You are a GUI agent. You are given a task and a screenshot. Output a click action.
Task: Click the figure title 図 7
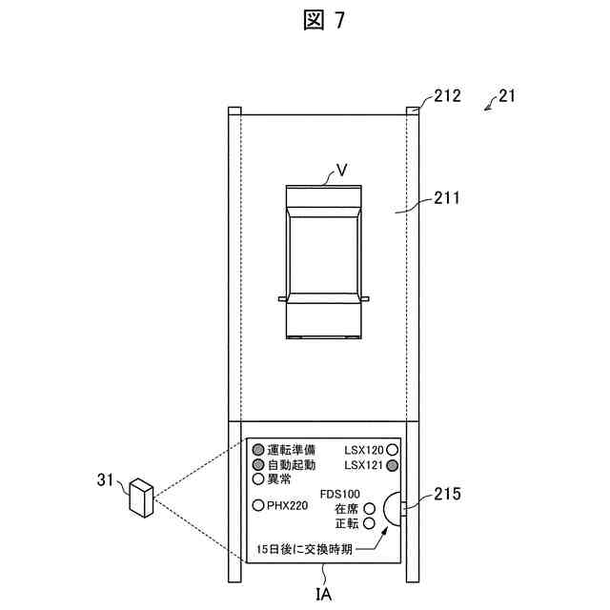[x=306, y=21]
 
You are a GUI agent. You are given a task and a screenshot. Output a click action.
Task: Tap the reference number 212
[x=447, y=95]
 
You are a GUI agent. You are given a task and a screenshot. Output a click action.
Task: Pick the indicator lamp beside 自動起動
[x=257, y=464]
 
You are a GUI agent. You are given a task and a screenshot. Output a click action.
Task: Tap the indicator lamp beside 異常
[x=257, y=478]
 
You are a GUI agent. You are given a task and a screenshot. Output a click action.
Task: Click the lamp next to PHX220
[x=257, y=505]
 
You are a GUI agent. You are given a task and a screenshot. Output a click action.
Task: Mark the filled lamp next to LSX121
[x=392, y=464]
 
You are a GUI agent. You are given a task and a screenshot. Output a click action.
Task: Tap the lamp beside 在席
[x=369, y=509]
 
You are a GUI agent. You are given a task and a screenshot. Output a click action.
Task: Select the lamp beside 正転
[x=369, y=523]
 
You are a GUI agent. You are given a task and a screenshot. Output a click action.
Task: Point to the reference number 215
[x=447, y=494]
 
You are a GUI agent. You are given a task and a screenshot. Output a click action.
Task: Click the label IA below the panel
[x=325, y=594]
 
